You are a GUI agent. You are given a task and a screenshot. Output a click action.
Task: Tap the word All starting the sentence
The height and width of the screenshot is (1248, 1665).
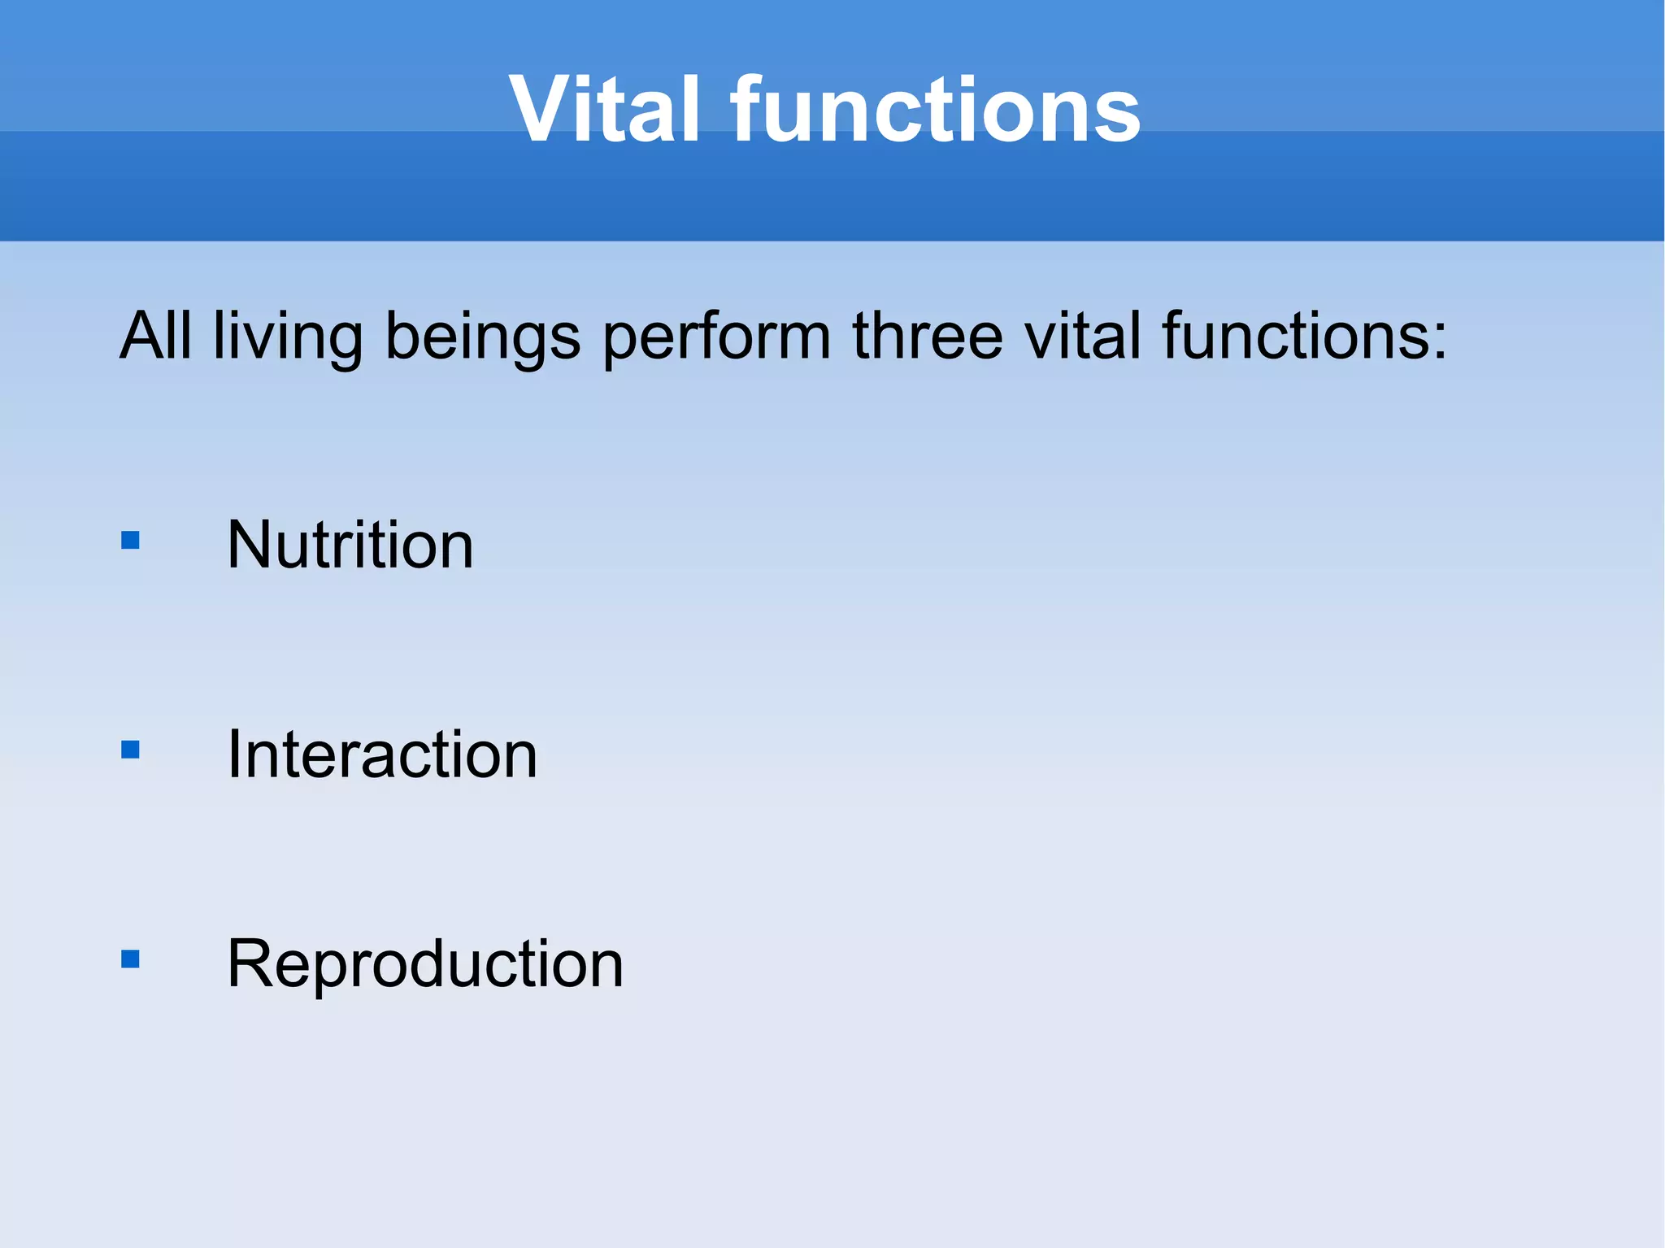156,336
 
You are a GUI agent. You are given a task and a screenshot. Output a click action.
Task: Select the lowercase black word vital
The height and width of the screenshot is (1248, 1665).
1082,336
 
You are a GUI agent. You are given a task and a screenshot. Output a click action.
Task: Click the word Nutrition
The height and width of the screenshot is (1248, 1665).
350,545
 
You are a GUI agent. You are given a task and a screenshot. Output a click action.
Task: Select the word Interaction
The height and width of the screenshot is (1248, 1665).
381,754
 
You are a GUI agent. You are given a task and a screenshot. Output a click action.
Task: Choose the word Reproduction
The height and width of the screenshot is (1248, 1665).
424,964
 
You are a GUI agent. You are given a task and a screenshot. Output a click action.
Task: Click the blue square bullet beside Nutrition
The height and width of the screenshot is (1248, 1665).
130,541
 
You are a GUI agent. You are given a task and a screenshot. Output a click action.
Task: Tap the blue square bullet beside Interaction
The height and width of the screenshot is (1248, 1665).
130,750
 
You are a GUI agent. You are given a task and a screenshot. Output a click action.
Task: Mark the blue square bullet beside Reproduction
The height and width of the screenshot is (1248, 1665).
130,959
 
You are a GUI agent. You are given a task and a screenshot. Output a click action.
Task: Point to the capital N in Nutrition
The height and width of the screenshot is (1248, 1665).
249,545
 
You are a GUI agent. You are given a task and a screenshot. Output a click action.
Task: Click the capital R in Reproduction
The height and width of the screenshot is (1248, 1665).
249,963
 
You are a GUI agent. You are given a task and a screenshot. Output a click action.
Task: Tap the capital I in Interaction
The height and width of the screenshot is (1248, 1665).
233,754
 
